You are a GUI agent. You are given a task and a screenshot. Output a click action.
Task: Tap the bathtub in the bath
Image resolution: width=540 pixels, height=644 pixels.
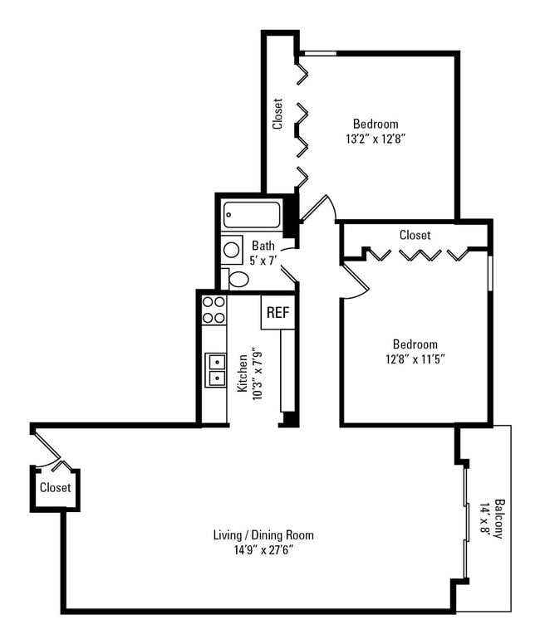252,216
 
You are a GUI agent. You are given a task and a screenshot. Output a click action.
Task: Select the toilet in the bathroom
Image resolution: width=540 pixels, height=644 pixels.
238,279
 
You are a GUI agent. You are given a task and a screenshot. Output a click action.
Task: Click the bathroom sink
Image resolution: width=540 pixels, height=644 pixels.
232,249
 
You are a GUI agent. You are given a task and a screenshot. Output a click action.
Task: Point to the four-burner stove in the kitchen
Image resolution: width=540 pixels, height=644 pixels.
214,310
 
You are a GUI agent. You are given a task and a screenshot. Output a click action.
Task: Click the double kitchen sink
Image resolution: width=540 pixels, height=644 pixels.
215,369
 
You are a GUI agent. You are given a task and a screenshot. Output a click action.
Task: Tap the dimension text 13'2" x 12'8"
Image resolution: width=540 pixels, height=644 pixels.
376,139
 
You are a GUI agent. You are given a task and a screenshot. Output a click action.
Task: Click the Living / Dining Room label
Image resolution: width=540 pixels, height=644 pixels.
263,534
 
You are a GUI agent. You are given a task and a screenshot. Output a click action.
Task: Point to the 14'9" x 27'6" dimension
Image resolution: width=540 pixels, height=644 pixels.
263,549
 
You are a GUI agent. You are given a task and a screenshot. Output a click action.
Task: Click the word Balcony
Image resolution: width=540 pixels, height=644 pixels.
498,519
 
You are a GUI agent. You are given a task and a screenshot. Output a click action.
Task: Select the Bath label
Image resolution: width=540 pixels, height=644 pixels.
263,246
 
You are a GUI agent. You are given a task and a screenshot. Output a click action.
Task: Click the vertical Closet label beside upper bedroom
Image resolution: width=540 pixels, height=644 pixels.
278,115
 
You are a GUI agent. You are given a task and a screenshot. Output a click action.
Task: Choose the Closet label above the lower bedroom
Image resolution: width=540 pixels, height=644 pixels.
415,235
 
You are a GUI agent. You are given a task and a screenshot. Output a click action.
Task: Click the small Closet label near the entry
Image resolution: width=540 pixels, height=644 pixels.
56,488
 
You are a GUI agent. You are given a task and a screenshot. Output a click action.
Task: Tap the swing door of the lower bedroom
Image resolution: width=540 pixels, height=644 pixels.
354,282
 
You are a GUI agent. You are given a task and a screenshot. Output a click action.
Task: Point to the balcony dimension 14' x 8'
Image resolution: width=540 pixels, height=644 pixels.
485,519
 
